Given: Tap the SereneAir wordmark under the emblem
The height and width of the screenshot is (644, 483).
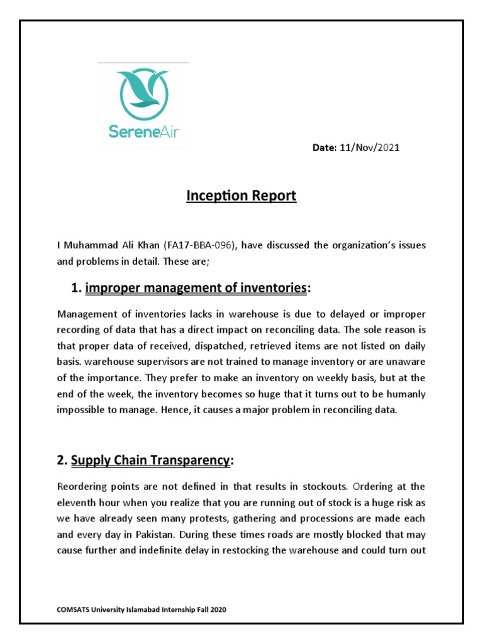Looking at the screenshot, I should pos(143,133).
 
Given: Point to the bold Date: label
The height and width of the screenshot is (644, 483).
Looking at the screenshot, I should pos(326,148).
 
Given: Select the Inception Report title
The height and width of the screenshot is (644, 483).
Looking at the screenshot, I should pos(241,196).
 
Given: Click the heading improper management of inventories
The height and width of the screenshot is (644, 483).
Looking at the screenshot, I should pos(196,288).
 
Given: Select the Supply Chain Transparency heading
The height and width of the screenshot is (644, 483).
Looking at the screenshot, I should pos(150,460).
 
